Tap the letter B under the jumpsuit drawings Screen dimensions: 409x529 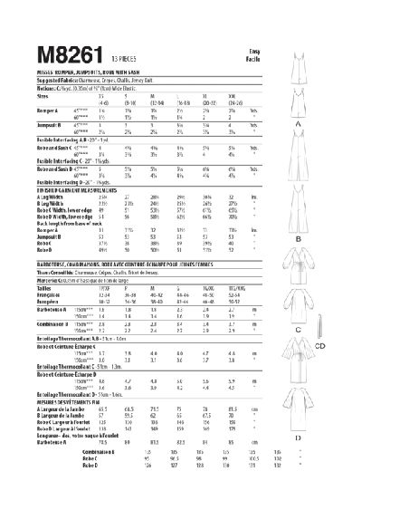[x=373, y=239]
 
